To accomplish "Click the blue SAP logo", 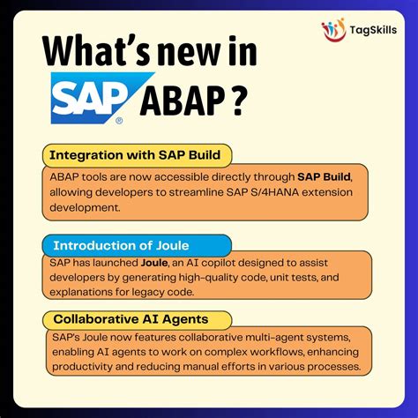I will click(x=87, y=101).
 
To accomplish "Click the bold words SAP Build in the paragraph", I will click(x=325, y=177).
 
